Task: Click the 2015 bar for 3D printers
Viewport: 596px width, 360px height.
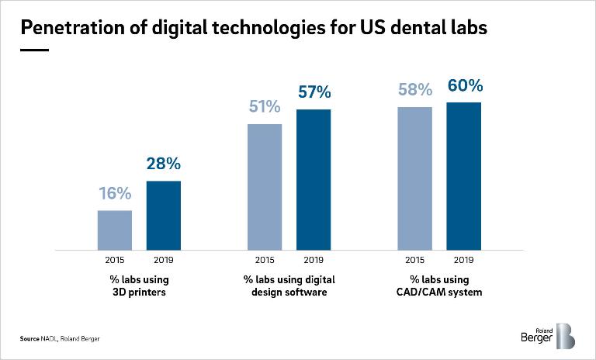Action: click(114, 230)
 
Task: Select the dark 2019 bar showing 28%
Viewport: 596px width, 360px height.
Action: click(164, 216)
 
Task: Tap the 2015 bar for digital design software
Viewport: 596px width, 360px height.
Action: click(265, 187)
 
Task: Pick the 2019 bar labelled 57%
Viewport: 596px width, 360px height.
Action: click(314, 180)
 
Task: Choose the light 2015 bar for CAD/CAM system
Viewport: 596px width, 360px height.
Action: click(414, 178)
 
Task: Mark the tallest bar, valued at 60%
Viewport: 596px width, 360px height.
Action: click(464, 176)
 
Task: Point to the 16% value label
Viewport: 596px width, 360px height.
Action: click(114, 194)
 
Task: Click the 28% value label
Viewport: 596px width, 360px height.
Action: click(164, 164)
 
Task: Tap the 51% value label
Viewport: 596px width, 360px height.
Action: click(265, 107)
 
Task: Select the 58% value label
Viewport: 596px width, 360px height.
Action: click(414, 90)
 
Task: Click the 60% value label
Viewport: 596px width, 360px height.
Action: click(464, 85)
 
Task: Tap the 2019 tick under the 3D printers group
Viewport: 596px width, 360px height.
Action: click(164, 260)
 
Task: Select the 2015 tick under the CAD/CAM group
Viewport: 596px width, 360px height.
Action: click(414, 260)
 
